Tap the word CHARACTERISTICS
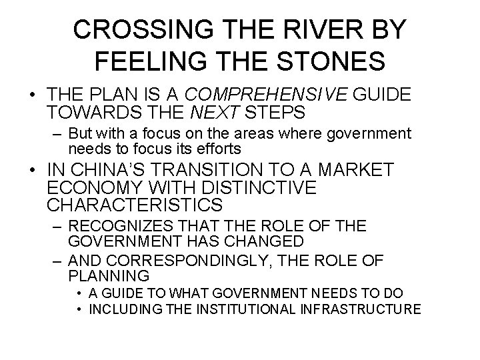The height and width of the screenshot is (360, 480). [x=135, y=205]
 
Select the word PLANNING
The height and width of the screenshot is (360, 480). [x=109, y=275]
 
